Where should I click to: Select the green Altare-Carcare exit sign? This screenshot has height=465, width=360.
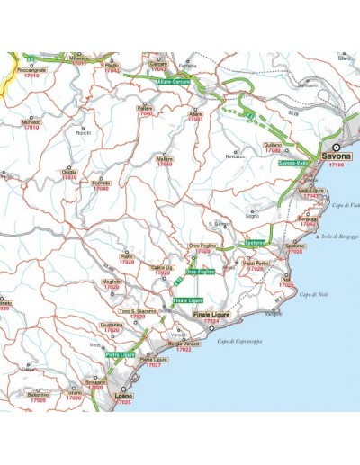(174, 82)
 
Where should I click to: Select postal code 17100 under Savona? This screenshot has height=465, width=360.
(336, 166)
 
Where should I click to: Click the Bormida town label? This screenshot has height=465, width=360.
(101, 183)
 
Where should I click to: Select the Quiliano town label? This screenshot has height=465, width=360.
(273, 145)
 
